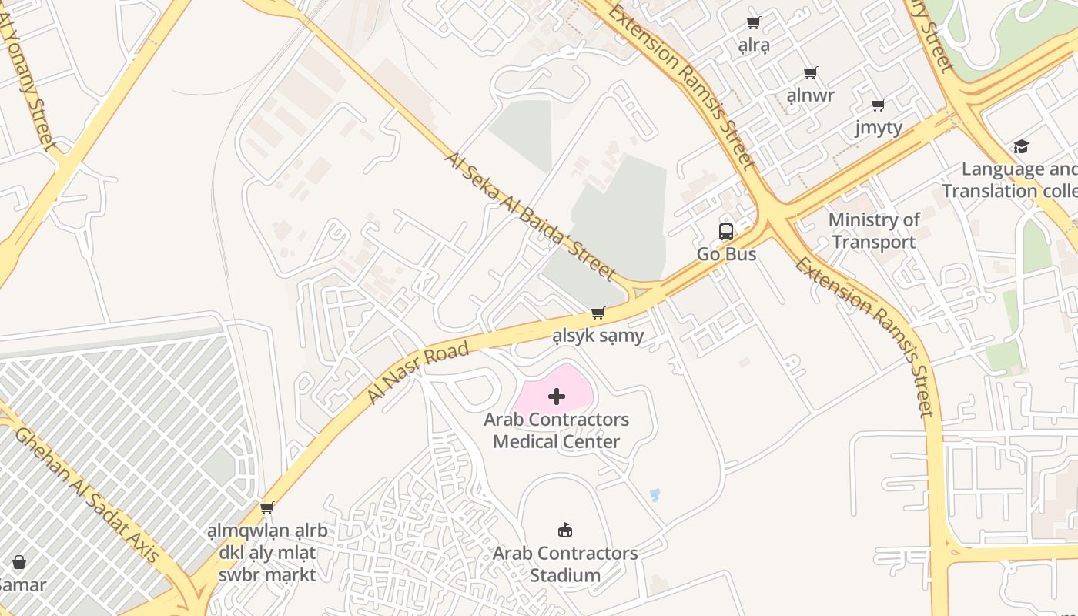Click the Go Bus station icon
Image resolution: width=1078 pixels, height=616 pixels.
725,231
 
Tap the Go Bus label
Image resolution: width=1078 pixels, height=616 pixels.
726,254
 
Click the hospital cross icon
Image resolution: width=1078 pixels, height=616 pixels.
557,397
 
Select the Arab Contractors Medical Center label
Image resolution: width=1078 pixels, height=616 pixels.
556,430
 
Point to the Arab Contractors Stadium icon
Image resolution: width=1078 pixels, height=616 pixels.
565,530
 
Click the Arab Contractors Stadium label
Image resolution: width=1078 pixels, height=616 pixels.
565,564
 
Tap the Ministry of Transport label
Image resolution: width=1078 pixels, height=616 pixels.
874,231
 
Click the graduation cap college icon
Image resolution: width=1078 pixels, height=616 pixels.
1021,146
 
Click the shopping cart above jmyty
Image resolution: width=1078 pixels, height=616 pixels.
879,105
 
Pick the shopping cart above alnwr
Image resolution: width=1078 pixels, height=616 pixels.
810,73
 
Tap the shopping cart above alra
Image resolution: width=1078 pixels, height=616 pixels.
754,22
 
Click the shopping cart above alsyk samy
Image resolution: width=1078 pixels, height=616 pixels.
598,313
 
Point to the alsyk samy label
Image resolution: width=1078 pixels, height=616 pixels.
598,336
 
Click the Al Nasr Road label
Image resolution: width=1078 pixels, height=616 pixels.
418,373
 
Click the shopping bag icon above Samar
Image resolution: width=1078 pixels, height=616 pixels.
19,562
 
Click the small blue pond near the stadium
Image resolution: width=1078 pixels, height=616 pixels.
654,494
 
